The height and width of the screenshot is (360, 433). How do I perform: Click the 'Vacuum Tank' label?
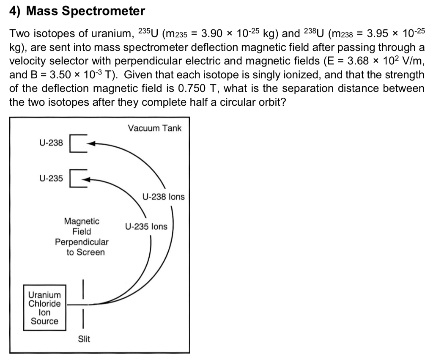pos(154,128)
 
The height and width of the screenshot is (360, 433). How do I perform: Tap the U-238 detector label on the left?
pos(51,143)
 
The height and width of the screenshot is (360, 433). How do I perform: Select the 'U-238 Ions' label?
pos(164,197)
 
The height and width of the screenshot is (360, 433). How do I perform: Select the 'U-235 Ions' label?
pos(146,226)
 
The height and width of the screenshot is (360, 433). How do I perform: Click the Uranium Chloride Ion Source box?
pos(44,308)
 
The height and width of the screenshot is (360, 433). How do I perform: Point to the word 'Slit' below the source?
pos(84,339)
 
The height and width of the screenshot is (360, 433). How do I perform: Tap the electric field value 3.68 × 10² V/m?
pos(383,61)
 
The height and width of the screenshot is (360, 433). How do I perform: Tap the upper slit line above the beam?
pos(84,288)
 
